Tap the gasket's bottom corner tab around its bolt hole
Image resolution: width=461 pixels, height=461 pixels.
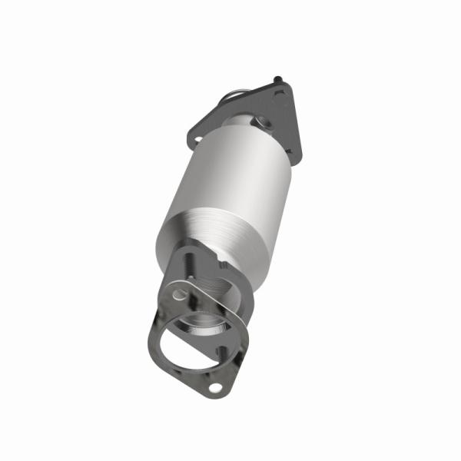tap(217, 392)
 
